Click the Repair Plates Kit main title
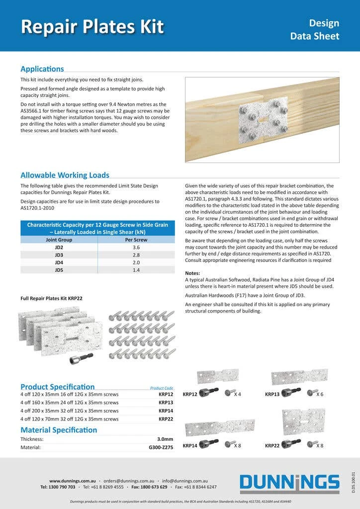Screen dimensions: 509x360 [x=92, y=26]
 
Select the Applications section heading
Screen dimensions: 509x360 [x=42, y=69]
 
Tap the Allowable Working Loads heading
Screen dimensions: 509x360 [x=65, y=175]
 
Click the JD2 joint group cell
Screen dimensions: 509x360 [x=59, y=247]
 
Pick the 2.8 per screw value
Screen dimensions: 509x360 [x=136, y=254]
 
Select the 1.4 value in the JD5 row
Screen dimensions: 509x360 [x=136, y=270]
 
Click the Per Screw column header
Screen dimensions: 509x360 [x=136, y=239]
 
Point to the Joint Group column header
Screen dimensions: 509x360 [x=59, y=239]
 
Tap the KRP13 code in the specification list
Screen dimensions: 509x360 [x=166, y=403]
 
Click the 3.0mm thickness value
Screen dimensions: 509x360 [x=165, y=439]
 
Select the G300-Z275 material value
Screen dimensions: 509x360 [x=161, y=447]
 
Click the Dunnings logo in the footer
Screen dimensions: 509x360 [x=289, y=483]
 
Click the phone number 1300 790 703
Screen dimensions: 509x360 [x=62, y=487]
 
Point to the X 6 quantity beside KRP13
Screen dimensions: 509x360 [x=319, y=394]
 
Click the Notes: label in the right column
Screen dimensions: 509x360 [x=192, y=273]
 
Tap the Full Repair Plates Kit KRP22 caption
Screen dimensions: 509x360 [x=51, y=298]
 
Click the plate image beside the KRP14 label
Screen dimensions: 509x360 [x=220, y=427]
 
